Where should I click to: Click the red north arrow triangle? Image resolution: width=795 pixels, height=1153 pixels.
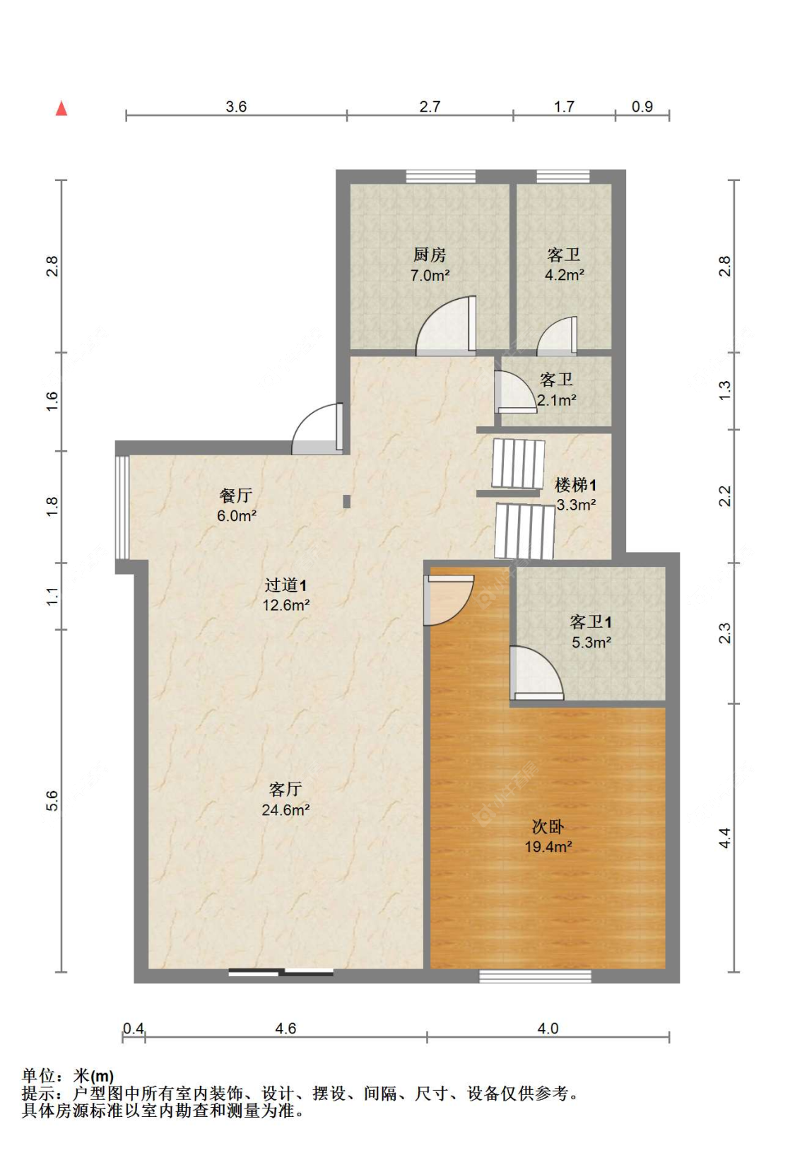click(x=61, y=109)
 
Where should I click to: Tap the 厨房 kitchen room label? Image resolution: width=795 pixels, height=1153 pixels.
click(x=429, y=254)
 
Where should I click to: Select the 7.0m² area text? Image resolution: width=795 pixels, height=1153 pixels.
click(x=430, y=276)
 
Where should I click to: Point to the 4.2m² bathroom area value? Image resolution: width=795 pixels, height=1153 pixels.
click(x=564, y=275)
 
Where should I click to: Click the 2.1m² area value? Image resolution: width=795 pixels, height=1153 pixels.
click(x=556, y=400)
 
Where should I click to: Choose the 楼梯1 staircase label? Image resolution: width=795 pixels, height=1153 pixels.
click(x=575, y=485)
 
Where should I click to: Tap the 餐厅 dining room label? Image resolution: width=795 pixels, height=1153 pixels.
click(x=235, y=495)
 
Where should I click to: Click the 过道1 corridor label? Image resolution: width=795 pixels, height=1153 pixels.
click(x=285, y=585)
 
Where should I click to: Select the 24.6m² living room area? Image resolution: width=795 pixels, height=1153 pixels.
click(x=285, y=810)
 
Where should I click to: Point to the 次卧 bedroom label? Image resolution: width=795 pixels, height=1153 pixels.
click(x=548, y=826)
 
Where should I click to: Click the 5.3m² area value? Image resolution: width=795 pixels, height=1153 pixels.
click(x=591, y=643)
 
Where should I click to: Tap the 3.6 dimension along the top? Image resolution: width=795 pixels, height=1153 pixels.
click(x=236, y=107)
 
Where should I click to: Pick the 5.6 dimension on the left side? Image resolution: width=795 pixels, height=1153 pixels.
click(x=52, y=800)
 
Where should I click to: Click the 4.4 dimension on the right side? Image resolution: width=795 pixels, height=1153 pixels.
click(x=724, y=838)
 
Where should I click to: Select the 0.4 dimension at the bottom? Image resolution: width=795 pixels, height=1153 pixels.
click(x=134, y=1029)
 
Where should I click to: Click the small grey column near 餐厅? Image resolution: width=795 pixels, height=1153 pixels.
click(x=347, y=501)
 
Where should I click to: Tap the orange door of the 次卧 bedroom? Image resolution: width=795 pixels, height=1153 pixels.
click(x=448, y=600)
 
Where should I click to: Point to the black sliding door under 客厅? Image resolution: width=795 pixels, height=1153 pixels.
click(x=281, y=972)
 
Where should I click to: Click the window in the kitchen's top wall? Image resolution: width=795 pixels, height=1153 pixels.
click(x=440, y=177)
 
